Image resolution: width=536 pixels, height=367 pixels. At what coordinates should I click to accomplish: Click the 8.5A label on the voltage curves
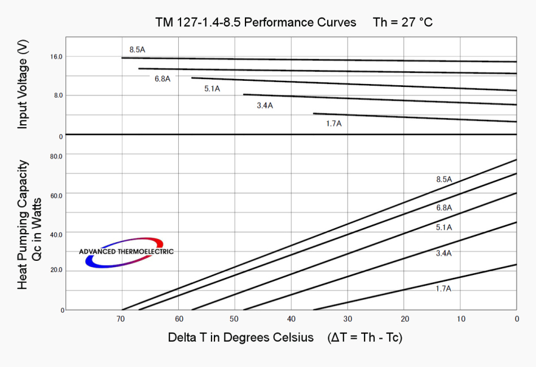(x=137, y=50)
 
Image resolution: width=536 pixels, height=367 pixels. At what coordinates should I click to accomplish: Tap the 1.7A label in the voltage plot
(x=333, y=123)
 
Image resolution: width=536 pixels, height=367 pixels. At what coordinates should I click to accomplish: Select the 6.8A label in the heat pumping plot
(x=444, y=208)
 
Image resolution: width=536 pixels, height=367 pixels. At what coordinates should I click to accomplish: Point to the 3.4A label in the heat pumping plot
(x=444, y=254)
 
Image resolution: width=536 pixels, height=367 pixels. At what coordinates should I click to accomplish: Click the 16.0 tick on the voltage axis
(x=56, y=57)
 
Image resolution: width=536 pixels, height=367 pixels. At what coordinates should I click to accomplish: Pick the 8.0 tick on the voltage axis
(x=58, y=95)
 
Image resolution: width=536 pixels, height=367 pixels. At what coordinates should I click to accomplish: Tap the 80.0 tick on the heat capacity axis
(x=56, y=156)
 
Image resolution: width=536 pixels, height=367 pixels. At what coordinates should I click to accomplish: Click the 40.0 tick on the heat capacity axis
(x=56, y=233)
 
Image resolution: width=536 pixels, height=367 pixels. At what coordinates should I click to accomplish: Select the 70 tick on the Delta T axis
(x=120, y=319)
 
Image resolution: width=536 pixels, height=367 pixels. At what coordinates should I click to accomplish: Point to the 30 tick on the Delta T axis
(x=348, y=319)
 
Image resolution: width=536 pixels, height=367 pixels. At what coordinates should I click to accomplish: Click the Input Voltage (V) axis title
(x=23, y=85)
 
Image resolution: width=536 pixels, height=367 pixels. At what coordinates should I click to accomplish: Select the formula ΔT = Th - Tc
(x=364, y=338)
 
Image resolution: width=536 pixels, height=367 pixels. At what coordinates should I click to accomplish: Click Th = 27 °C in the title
(x=402, y=23)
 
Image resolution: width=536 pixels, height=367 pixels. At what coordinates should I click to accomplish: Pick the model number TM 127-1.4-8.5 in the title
(x=199, y=23)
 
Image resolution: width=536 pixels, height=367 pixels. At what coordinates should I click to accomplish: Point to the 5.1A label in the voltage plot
(x=212, y=89)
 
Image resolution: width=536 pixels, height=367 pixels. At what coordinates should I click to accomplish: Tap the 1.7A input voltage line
(x=415, y=117)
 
